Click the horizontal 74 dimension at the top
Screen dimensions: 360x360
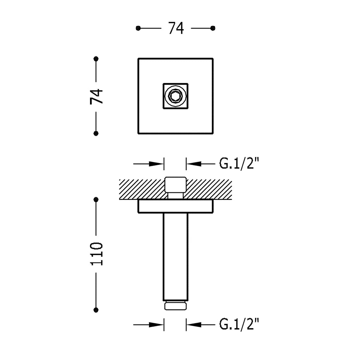click(176, 28)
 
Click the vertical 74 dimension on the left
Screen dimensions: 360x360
click(96, 96)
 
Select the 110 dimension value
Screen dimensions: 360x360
click(96, 254)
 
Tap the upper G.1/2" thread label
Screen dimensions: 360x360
click(239, 164)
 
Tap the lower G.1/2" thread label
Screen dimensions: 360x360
click(239, 324)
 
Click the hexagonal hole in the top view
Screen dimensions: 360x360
click(176, 96)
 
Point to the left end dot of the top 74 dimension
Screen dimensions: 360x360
click(138, 28)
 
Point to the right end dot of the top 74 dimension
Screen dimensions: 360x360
click(213, 28)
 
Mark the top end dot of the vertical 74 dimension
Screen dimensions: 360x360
click(96, 59)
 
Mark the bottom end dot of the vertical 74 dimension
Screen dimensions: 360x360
click(96, 133)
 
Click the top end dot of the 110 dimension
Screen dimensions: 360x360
click(96, 199)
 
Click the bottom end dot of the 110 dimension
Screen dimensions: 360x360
click(96, 310)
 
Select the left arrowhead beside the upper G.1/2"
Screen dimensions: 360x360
click(156, 164)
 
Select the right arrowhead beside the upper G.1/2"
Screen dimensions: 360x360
click(194, 164)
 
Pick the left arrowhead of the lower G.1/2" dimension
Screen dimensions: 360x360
click(156, 325)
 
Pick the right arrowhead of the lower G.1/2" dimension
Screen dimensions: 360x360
click(194, 325)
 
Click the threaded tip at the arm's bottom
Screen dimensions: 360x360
click(176, 305)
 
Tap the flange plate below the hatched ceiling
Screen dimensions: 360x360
click(176, 206)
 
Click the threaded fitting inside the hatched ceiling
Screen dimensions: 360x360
click(176, 187)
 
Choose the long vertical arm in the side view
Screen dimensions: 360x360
click(176, 257)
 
